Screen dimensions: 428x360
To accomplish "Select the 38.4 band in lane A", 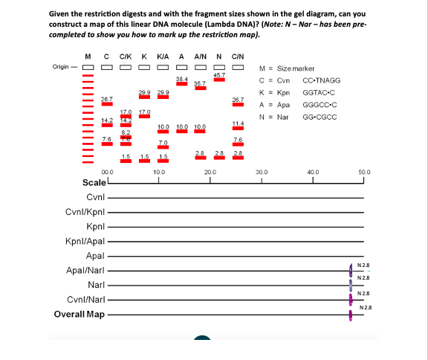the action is pos(181,83).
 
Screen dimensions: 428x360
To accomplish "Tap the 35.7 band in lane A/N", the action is pos(200,89).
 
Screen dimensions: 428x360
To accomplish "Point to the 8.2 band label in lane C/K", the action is pos(126,131).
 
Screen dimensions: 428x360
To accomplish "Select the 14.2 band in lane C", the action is pos(106,125).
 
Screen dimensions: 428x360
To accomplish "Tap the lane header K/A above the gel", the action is pos(163,57).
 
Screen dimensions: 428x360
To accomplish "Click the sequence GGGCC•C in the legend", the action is pos(319,106).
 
